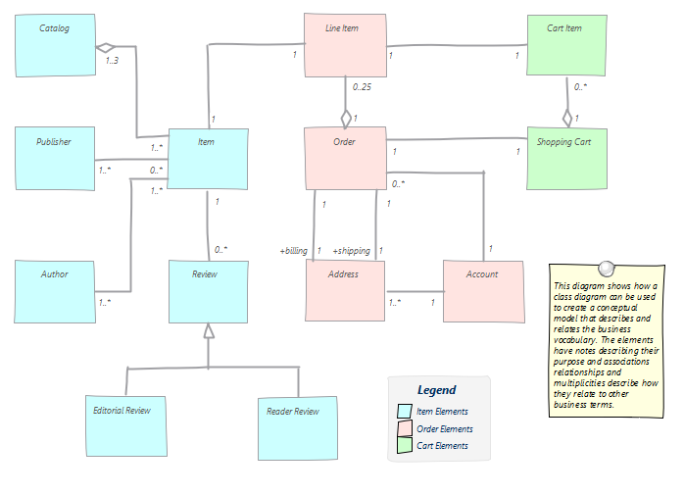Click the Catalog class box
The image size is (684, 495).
(56, 45)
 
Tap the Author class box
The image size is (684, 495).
(56, 290)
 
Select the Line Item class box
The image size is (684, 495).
(344, 45)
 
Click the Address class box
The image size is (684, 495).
(344, 291)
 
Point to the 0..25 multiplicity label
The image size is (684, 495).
(362, 87)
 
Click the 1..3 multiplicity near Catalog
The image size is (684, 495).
(114, 63)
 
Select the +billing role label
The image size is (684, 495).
(293, 251)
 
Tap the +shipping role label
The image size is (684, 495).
(350, 251)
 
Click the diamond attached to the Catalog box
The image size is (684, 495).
(105, 46)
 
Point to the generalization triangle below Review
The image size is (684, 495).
(207, 331)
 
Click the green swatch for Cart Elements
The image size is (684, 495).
(404, 446)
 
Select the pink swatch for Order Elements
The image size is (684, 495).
(404, 428)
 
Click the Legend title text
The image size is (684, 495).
(436, 390)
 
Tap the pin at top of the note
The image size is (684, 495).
(606, 268)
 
